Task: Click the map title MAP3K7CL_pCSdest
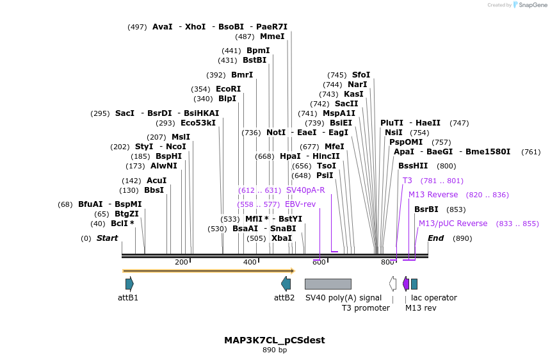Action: [x=274, y=340]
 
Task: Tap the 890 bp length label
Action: [x=274, y=350]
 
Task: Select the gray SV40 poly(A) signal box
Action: [x=328, y=284]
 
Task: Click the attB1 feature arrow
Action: [x=129, y=284]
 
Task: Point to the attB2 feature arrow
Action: [x=286, y=284]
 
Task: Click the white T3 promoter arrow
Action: [x=392, y=284]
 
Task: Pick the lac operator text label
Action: [x=433, y=298]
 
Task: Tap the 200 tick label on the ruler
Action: [x=181, y=262]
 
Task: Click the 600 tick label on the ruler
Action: [x=319, y=262]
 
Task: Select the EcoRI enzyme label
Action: [x=228, y=89]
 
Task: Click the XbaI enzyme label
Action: [x=282, y=238]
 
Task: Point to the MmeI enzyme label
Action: [x=272, y=37]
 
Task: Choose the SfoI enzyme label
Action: [x=361, y=75]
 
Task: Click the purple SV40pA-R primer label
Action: [x=305, y=190]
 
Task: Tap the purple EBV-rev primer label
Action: [x=300, y=204]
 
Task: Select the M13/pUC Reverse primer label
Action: [x=453, y=224]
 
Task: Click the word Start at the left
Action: [x=107, y=238]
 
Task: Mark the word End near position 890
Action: [x=435, y=238]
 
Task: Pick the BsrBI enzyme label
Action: [x=426, y=209]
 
